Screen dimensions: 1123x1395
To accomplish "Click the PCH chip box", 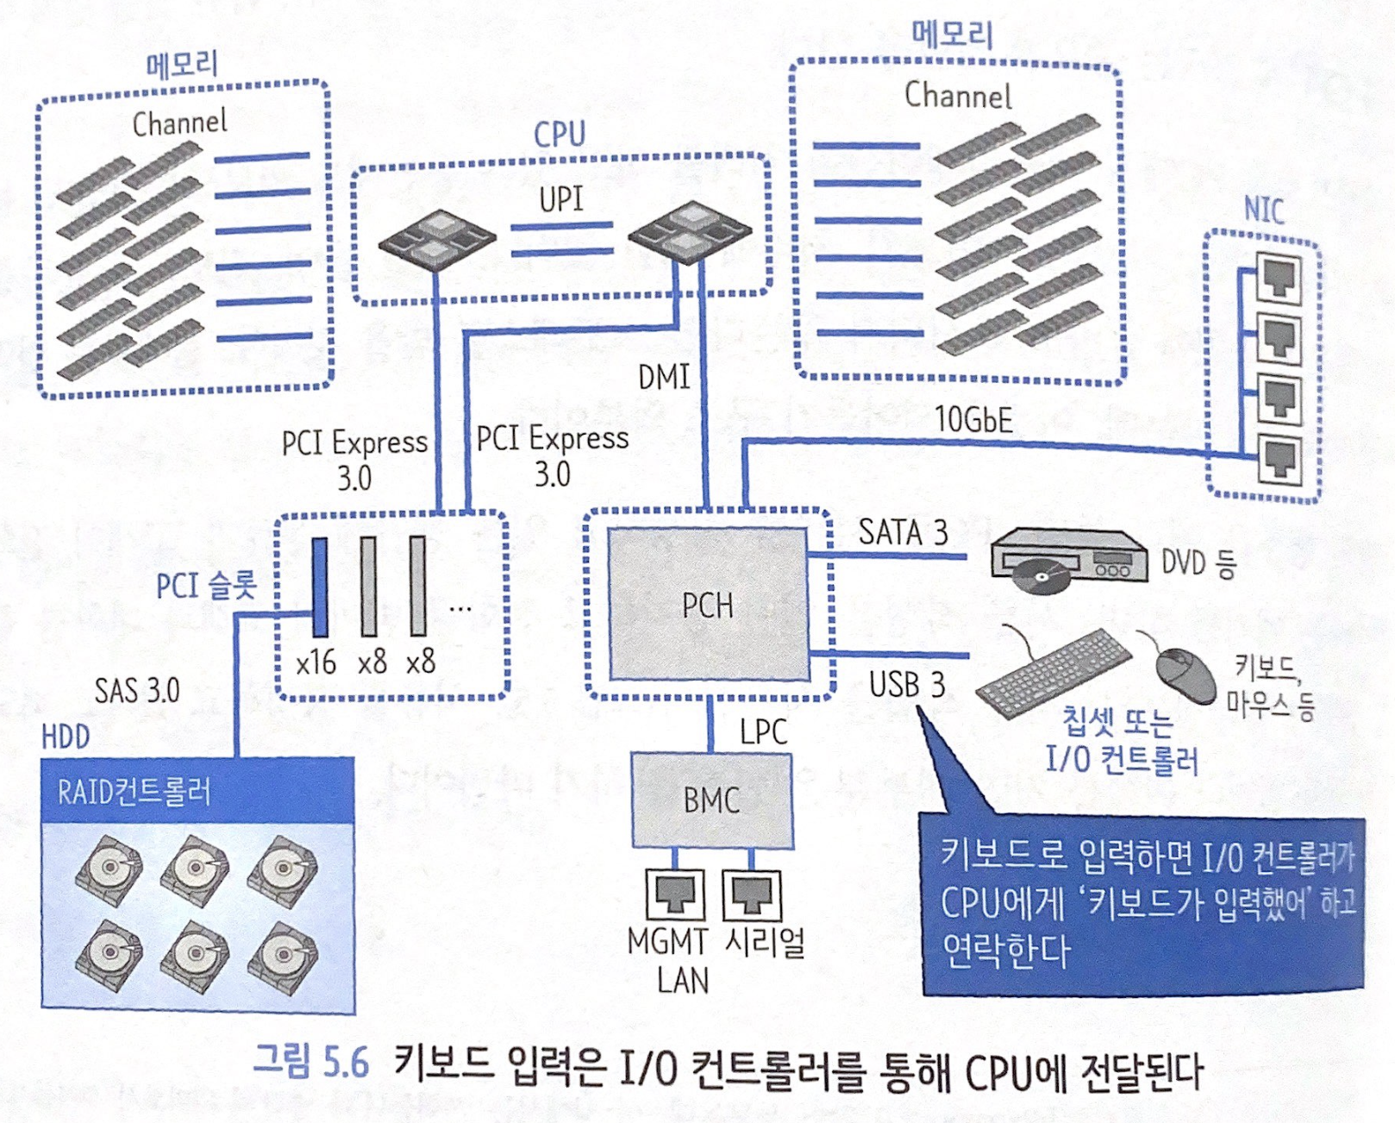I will pyautogui.click(x=708, y=605).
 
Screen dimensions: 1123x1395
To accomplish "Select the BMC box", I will pyautogui.click(x=711, y=800).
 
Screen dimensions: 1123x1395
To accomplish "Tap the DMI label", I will pyautogui.click(x=663, y=378).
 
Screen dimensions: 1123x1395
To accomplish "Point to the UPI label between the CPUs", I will pyautogui.click(x=561, y=199).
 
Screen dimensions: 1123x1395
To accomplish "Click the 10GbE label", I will pyautogui.click(x=973, y=420).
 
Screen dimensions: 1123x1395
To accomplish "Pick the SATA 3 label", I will pyautogui.click(x=903, y=532).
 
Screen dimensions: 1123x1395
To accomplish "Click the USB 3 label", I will pyautogui.click(x=907, y=685).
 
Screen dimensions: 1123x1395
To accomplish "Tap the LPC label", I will pyautogui.click(x=763, y=732).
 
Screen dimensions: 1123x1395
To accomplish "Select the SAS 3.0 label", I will pyautogui.click(x=137, y=691).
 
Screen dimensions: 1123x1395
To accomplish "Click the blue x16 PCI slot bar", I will pyautogui.click(x=320, y=587).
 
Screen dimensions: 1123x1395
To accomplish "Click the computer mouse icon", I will pyautogui.click(x=1185, y=674).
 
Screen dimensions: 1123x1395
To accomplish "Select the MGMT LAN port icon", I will pyautogui.click(x=674, y=894).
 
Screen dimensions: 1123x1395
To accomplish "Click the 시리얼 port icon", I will pyautogui.click(x=751, y=894).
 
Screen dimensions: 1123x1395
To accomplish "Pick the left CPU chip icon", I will pyautogui.click(x=437, y=238).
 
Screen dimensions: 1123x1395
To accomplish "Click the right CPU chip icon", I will pyautogui.click(x=690, y=229).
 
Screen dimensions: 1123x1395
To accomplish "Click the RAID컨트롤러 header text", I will pyautogui.click(x=134, y=792).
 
